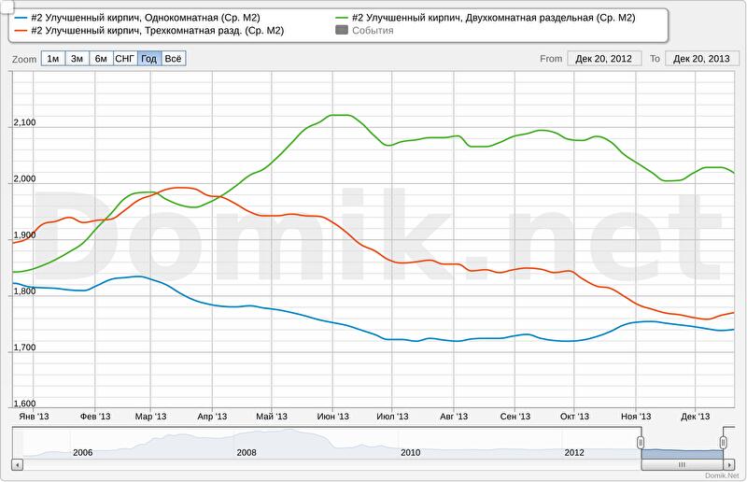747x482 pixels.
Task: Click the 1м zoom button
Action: pyautogui.click(x=53, y=58)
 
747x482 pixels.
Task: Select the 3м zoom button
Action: pyautogui.click(x=77, y=58)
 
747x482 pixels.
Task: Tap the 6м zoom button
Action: pyautogui.click(x=101, y=58)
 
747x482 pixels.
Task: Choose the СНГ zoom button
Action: pyautogui.click(x=124, y=58)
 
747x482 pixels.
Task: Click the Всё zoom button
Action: pyautogui.click(x=173, y=58)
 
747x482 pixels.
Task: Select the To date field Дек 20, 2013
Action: pyautogui.click(x=700, y=58)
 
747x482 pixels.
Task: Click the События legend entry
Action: pyautogui.click(x=372, y=31)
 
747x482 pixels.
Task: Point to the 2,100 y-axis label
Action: pyautogui.click(x=24, y=123)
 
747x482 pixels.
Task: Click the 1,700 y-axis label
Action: pyautogui.click(x=24, y=347)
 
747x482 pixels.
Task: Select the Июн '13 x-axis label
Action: pyautogui.click(x=332, y=417)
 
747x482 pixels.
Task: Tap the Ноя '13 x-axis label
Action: pyautogui.click(x=636, y=417)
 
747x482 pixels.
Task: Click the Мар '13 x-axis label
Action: pyautogui.click(x=150, y=417)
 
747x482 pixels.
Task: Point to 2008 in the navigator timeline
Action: pyautogui.click(x=247, y=452)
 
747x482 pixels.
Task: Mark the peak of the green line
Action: pyautogui.click(x=341, y=115)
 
